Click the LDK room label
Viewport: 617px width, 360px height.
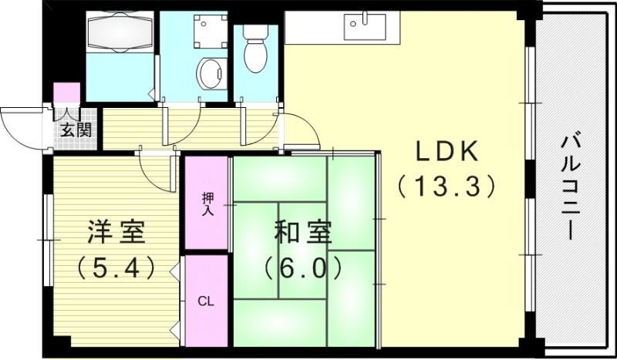point(448,152)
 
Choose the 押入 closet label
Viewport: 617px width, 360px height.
point(207,203)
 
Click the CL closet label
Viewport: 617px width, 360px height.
point(206,301)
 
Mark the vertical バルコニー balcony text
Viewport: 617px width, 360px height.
point(571,185)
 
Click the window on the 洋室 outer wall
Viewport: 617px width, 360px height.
point(48,231)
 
